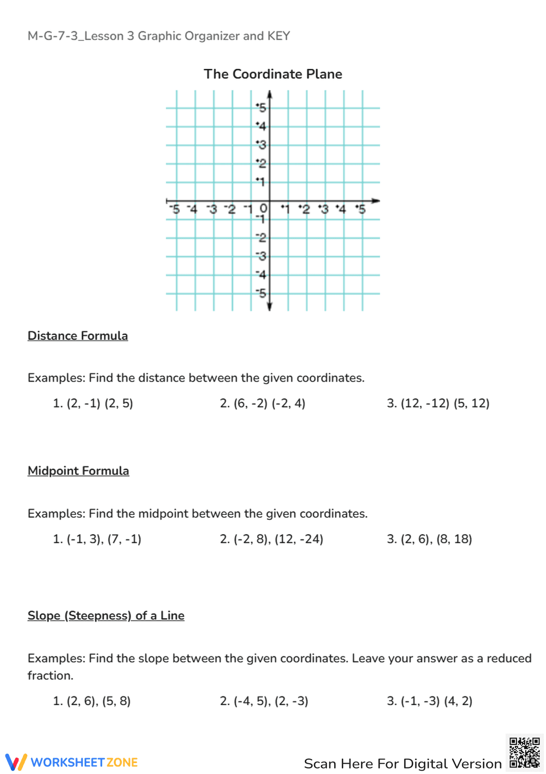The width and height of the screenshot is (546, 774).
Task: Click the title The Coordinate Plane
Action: [272, 74]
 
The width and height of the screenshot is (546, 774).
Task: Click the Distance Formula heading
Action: [78, 336]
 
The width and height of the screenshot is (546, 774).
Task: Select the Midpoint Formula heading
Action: [78, 471]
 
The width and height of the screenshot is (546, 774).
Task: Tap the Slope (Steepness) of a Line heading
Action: [106, 615]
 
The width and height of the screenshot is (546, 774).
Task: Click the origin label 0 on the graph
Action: [263, 208]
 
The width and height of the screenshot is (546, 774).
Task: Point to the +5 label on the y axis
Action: [262, 108]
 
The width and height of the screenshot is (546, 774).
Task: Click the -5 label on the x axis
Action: [174, 209]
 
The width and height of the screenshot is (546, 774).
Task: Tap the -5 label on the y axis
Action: [262, 294]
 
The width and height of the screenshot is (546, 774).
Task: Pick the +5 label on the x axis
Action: [360, 209]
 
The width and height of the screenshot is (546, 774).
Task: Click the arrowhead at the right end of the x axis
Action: [375, 201]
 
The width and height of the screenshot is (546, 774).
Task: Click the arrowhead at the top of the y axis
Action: [269, 95]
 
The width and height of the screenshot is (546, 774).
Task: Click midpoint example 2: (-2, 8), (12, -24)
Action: [271, 539]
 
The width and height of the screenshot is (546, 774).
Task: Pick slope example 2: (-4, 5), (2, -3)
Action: [264, 701]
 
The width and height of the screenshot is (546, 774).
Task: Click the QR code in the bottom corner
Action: [524, 753]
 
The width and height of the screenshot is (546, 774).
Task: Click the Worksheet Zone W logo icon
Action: [16, 762]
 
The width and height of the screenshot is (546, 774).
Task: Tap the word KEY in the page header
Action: [278, 36]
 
